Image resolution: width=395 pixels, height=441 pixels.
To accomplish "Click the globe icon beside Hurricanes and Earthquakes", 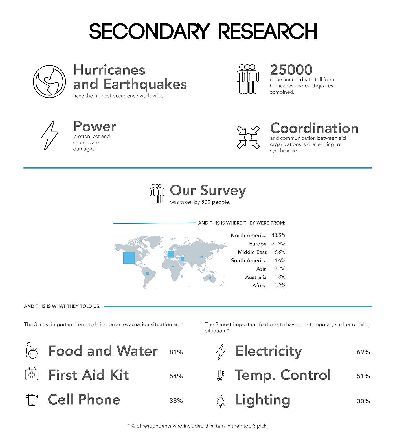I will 49,82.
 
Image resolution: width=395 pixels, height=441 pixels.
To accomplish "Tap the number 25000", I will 291,70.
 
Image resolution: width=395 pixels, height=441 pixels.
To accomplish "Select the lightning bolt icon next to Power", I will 49,135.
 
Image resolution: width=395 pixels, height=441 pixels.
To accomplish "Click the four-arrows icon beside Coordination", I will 248,137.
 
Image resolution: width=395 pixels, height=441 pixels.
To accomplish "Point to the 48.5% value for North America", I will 278,235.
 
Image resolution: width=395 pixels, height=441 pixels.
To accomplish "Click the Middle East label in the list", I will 252,252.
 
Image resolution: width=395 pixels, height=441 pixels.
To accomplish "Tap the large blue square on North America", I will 129,258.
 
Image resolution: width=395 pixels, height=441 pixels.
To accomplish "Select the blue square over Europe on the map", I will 171,254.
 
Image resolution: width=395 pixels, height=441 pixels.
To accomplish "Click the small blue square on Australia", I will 210,278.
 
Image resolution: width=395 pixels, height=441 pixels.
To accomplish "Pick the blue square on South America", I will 148,273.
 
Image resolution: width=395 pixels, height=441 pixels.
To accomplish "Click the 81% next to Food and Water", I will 176,352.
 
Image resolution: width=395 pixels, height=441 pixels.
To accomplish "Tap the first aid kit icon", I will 32,374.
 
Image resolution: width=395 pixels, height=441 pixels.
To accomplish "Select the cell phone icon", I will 32,400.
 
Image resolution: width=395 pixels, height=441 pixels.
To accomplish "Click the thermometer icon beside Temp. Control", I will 220,376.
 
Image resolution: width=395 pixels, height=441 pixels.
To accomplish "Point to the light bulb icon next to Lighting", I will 221,401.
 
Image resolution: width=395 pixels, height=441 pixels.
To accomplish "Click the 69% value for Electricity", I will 363,352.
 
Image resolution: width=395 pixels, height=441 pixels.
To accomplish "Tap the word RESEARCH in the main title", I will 267,31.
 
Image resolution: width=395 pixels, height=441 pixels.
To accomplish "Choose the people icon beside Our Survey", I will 157,194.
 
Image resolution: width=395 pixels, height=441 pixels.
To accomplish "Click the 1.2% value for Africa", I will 280,285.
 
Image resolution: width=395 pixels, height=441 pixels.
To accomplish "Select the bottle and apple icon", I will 32,351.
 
